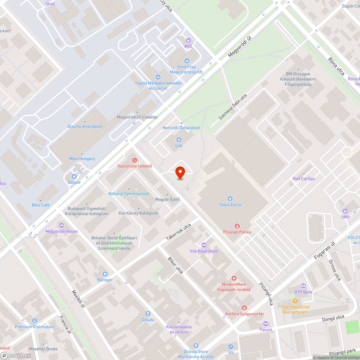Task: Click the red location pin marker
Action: tap(180, 172)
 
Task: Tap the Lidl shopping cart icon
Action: tap(179, 140)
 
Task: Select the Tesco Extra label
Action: tap(230, 205)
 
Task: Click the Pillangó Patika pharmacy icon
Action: tap(237, 226)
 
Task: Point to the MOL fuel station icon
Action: tap(189, 41)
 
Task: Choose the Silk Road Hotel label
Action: tap(204, 251)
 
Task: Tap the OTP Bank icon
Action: tap(303, 286)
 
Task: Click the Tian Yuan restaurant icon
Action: tap(295, 301)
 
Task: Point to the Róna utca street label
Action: tap(336, 66)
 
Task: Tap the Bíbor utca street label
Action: tap(175, 265)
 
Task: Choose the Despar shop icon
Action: tap(74, 176)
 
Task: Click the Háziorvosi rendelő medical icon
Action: tap(135, 160)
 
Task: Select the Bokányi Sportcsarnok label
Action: tap(129, 194)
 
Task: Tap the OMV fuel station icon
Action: tap(345, 211)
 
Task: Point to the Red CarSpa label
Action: tap(304, 179)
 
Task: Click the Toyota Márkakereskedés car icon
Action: tap(158, 77)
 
